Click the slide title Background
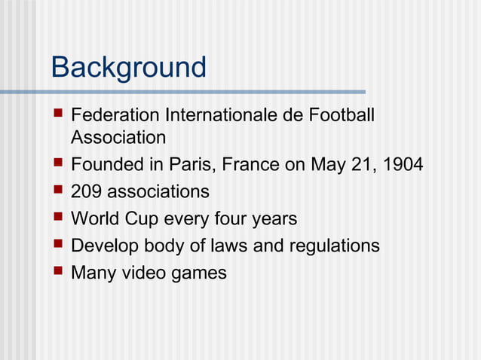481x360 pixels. (128, 68)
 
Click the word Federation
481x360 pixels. (114, 117)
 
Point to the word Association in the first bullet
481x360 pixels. (118, 138)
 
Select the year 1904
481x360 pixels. (403, 165)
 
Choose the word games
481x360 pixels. (199, 273)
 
